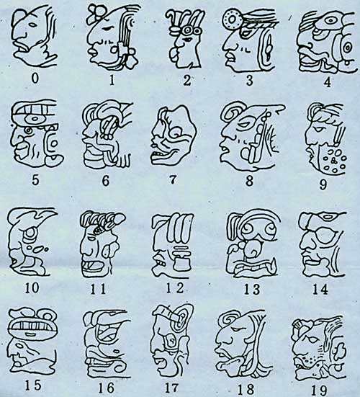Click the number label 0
click(x=35, y=79)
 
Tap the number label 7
click(x=172, y=179)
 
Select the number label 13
click(x=251, y=290)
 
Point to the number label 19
click(x=320, y=391)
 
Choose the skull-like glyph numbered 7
click(x=174, y=135)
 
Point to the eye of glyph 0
click(x=33, y=24)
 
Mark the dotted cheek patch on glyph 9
click(x=333, y=159)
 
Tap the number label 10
click(x=32, y=287)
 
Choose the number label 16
click(x=107, y=388)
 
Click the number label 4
click(x=328, y=82)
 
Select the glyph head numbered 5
click(x=36, y=133)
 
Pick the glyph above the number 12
click(x=173, y=246)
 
